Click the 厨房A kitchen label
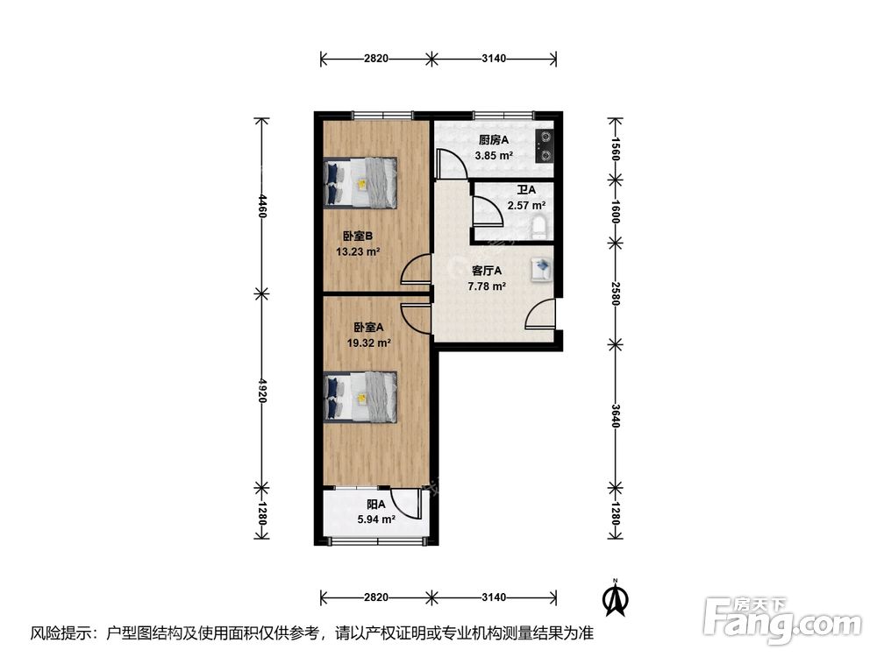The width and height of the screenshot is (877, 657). coord(493,139)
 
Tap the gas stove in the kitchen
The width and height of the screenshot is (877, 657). coord(545,146)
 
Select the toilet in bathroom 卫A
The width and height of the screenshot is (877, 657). coord(540,227)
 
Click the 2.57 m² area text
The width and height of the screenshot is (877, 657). coord(525,207)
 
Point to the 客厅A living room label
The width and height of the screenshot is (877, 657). coord(487,271)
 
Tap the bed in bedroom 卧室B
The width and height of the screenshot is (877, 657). coord(360,183)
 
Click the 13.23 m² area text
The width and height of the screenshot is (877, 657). coord(357,251)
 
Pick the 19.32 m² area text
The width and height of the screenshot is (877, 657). coord(368,343)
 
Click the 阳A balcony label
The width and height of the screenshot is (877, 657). coord(375,505)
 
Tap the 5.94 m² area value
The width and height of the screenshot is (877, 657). coord(375,519)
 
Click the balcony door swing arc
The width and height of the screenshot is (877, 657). coord(405,503)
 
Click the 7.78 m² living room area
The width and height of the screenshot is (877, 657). coord(486,286)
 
